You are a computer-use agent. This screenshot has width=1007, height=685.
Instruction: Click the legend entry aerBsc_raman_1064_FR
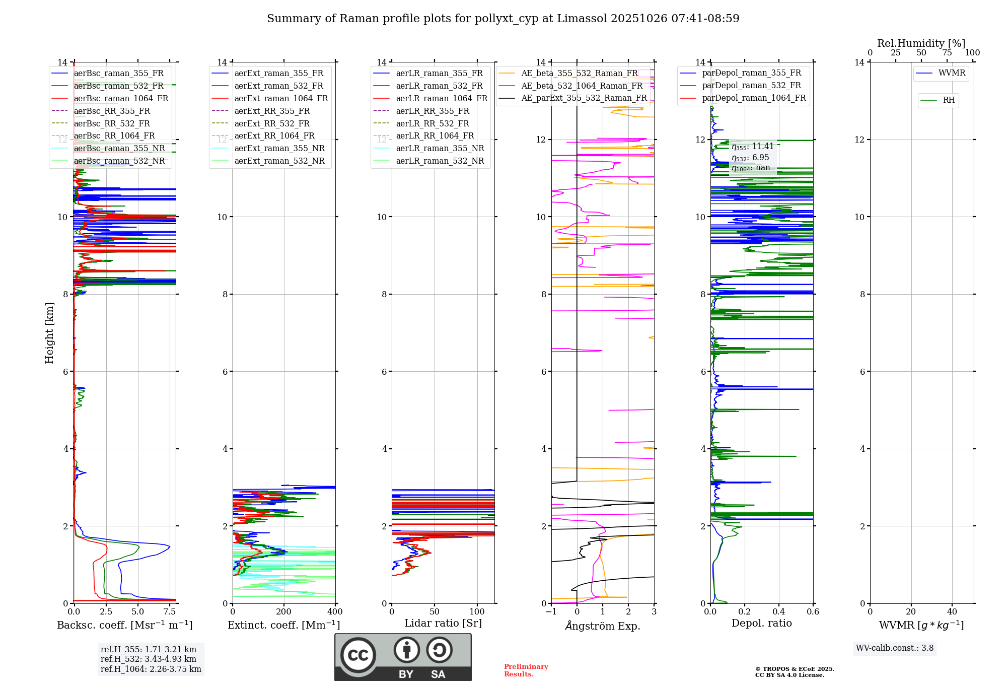click(x=121, y=98)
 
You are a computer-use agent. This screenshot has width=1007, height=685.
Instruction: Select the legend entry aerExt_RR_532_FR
click(x=272, y=123)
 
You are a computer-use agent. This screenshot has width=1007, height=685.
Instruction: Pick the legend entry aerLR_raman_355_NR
click(x=440, y=148)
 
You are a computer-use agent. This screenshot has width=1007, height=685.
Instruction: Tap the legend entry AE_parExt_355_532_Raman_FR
click(x=584, y=98)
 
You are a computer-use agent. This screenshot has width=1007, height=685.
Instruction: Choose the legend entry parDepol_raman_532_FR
click(x=751, y=86)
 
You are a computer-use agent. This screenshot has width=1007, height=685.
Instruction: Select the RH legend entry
click(x=949, y=100)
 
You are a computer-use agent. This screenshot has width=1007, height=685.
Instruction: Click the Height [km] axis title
click(x=49, y=333)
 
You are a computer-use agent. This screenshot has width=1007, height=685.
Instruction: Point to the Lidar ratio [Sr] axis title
click(x=443, y=623)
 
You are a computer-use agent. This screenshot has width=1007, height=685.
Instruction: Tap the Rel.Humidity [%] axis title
click(x=921, y=43)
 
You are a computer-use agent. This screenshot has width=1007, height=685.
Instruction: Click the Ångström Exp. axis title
click(x=602, y=626)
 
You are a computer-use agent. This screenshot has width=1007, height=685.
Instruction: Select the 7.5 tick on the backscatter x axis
click(x=170, y=611)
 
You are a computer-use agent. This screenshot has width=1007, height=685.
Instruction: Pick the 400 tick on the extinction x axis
click(x=335, y=611)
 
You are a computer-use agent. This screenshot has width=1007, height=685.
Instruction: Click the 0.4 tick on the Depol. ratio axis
click(x=779, y=611)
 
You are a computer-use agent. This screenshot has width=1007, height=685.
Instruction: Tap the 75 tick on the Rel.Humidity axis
click(x=947, y=52)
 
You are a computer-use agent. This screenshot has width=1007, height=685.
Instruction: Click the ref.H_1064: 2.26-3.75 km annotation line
click(x=151, y=669)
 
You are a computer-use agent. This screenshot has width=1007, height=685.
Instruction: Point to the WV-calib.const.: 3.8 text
click(x=894, y=648)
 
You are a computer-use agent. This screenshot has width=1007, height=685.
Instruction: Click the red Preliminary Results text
click(x=526, y=670)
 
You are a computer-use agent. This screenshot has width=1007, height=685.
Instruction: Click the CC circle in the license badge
click(x=358, y=655)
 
